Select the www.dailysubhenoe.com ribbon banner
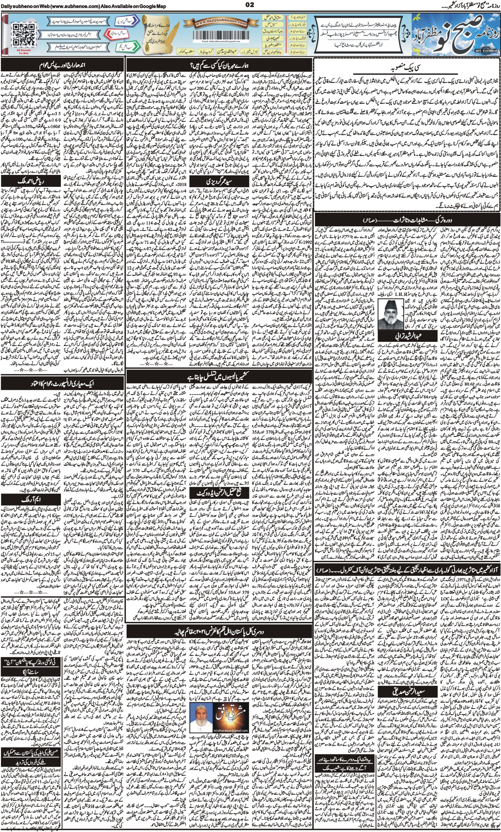(221, 23)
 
